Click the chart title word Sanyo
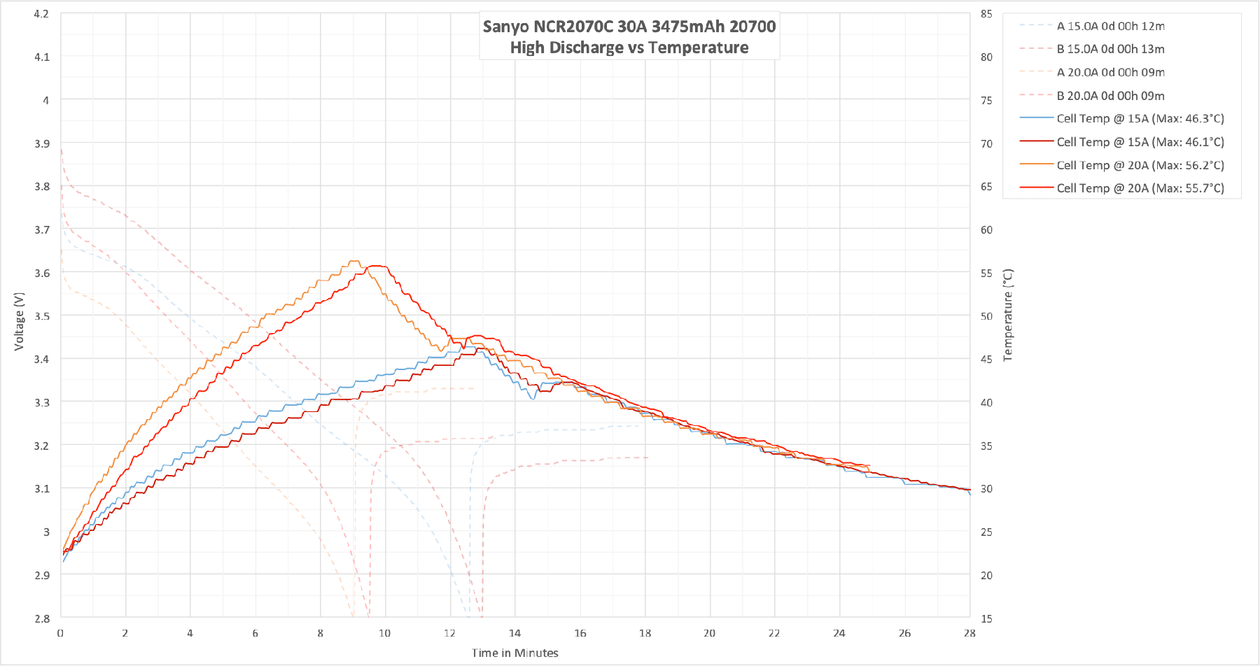pyautogui.click(x=506, y=27)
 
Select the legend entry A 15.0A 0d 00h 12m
pyautogui.click(x=1110, y=26)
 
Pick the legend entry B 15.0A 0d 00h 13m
pyautogui.click(x=1110, y=49)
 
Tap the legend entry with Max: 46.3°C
pyautogui.click(x=1140, y=119)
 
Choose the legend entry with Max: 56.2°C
pyautogui.click(x=1140, y=165)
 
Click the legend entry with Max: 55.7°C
pyautogui.click(x=1140, y=188)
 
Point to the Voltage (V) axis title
pyautogui.click(x=19, y=321)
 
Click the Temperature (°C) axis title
pyautogui.click(x=1008, y=315)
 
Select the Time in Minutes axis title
pyautogui.click(x=514, y=653)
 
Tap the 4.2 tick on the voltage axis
pyautogui.click(x=42, y=14)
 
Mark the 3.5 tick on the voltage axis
pyautogui.click(x=42, y=316)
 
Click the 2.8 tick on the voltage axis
pyautogui.click(x=42, y=618)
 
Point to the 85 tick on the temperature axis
pyautogui.click(x=986, y=14)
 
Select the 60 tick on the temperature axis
pyautogui.click(x=986, y=229)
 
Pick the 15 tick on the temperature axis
pyautogui.click(x=986, y=618)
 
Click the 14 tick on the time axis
pyautogui.click(x=514, y=633)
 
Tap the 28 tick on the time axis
pyautogui.click(x=969, y=633)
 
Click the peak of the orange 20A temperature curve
pyautogui.click(x=354, y=262)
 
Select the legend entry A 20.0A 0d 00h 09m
pyautogui.click(x=1110, y=72)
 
